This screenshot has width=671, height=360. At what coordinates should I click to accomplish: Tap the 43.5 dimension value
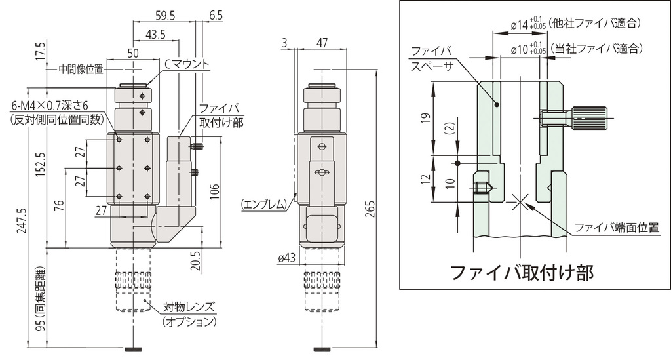(x=156, y=34)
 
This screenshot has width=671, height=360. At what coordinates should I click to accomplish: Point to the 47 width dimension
(x=322, y=43)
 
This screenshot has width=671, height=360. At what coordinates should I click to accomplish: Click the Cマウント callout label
(x=186, y=64)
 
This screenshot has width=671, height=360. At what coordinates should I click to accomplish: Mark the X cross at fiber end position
(x=519, y=202)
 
